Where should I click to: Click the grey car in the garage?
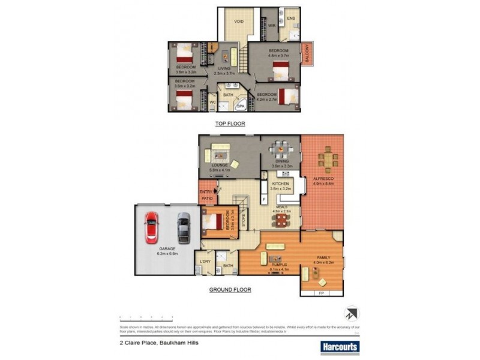183,229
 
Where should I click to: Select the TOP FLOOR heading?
230,124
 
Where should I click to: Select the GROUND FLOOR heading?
230,289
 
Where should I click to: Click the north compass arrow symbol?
352,313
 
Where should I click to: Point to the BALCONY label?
307,55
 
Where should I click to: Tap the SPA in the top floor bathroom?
241,106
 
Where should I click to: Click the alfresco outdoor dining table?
327,158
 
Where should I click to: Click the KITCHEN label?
281,184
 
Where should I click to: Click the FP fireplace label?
321,293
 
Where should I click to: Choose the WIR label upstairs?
271,25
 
